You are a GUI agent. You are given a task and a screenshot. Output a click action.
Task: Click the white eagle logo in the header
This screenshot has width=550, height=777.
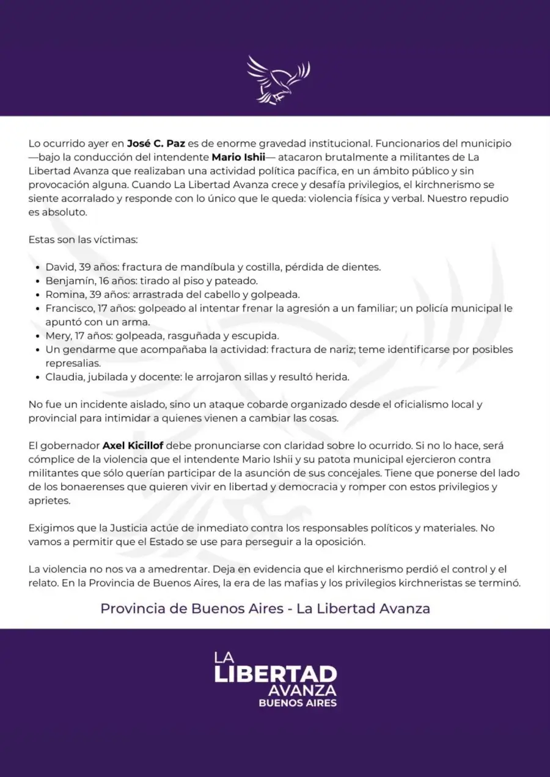277,79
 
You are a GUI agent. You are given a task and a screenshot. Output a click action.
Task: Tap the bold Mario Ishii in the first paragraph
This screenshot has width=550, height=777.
238,157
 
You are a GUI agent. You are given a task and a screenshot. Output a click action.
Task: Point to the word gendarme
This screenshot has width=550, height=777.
82,350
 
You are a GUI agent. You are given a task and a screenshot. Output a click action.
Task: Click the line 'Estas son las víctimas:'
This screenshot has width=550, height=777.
83,239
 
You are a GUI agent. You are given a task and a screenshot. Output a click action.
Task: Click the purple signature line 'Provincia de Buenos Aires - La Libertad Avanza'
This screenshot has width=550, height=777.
265,609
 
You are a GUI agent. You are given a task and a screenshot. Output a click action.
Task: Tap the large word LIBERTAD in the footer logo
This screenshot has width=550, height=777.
275,674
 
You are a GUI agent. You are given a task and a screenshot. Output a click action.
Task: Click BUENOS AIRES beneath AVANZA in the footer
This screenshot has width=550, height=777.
298,703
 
